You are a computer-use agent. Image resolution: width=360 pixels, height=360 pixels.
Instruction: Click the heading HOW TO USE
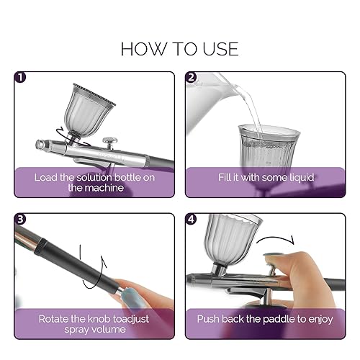(x=179, y=48)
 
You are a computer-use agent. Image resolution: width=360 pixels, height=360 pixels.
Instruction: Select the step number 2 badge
(x=192, y=77)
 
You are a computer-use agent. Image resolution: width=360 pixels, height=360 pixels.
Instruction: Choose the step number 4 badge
(x=192, y=219)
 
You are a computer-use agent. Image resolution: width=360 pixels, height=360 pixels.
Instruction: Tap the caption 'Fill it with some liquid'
(x=266, y=177)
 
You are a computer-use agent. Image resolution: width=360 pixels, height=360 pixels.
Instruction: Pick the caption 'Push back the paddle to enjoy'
(x=266, y=318)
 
